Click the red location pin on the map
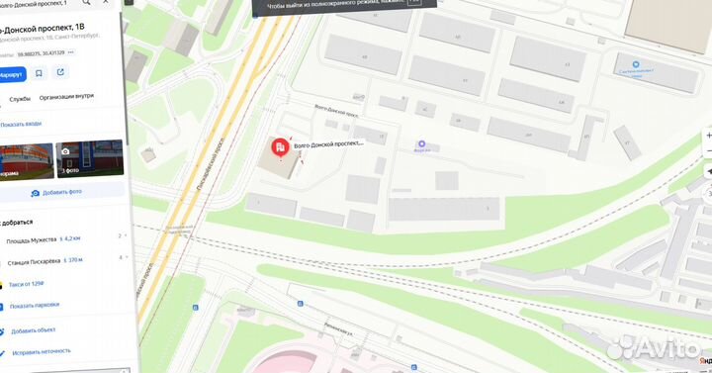[x=281, y=148]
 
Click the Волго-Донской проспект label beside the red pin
[x=329, y=143]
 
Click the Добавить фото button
[x=62, y=192]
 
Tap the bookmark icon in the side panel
[x=39, y=73]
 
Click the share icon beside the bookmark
[x=60, y=73]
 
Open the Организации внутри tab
[x=67, y=98]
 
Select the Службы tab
[x=19, y=98]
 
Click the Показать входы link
[x=22, y=124]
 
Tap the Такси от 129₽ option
[x=27, y=284]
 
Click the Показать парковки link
[x=34, y=306]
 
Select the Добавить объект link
[x=34, y=330]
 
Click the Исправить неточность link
[x=41, y=350]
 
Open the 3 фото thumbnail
[x=90, y=156]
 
